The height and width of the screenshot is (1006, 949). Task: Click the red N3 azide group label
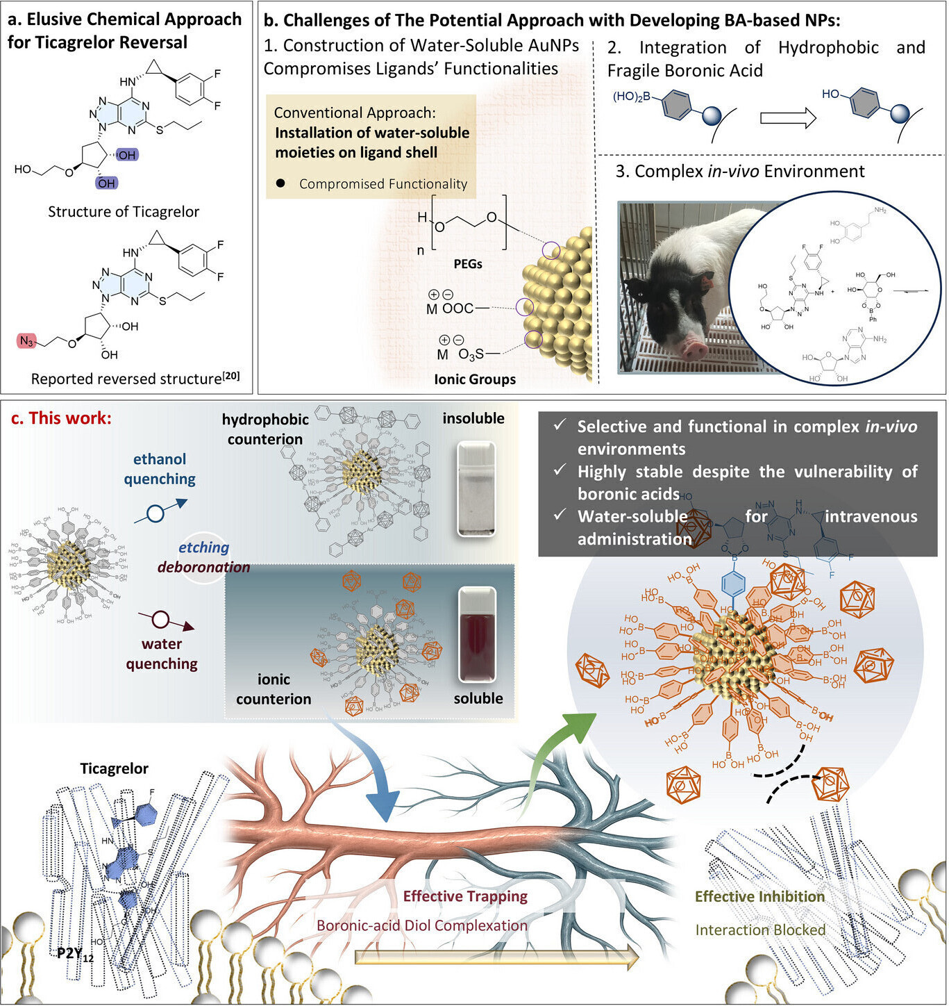(26, 341)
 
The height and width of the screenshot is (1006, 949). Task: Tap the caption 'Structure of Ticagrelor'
(124, 212)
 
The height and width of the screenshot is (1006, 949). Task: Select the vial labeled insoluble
(476, 490)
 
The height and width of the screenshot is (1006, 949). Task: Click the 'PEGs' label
(468, 264)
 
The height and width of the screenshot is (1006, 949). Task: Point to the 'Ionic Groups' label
(475, 379)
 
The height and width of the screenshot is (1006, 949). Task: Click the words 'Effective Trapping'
(465, 896)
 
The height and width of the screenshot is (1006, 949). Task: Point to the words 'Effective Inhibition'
(760, 897)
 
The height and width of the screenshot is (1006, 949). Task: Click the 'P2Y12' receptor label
(75, 953)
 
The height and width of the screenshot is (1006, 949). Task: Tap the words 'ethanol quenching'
(160, 469)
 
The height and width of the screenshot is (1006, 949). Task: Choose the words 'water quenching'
(162, 654)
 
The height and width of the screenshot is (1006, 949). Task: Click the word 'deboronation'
(203, 567)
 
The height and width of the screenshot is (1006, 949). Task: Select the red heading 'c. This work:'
(60, 418)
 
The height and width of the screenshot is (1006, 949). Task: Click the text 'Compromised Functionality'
(383, 184)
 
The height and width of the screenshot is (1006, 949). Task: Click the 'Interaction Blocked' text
(760, 930)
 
